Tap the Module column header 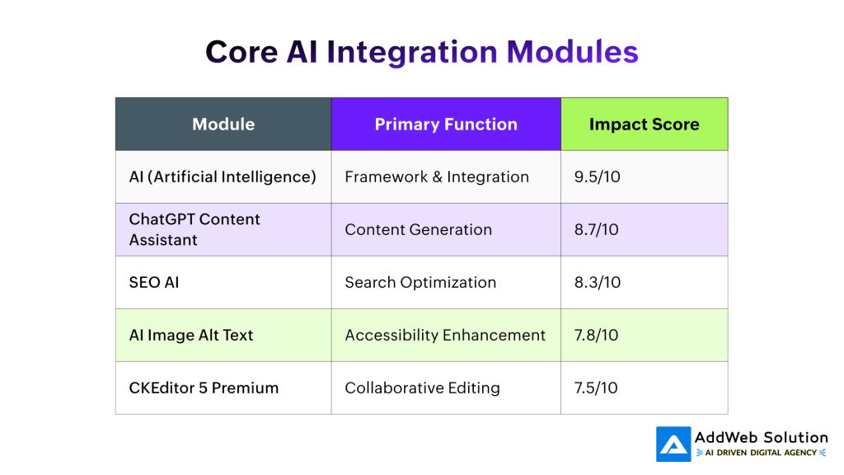tap(223, 125)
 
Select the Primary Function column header tap(446, 125)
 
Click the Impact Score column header tap(644, 125)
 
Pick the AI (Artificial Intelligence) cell tap(223, 176)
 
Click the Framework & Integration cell tap(437, 176)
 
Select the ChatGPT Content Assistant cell tap(195, 229)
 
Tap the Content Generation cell tap(418, 229)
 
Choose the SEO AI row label tap(154, 282)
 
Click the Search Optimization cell tap(420, 282)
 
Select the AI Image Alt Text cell tap(191, 335)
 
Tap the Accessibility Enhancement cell tap(445, 335)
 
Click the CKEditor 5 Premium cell tap(204, 388)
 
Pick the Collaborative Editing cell tap(422, 388)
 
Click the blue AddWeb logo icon tap(673, 444)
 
